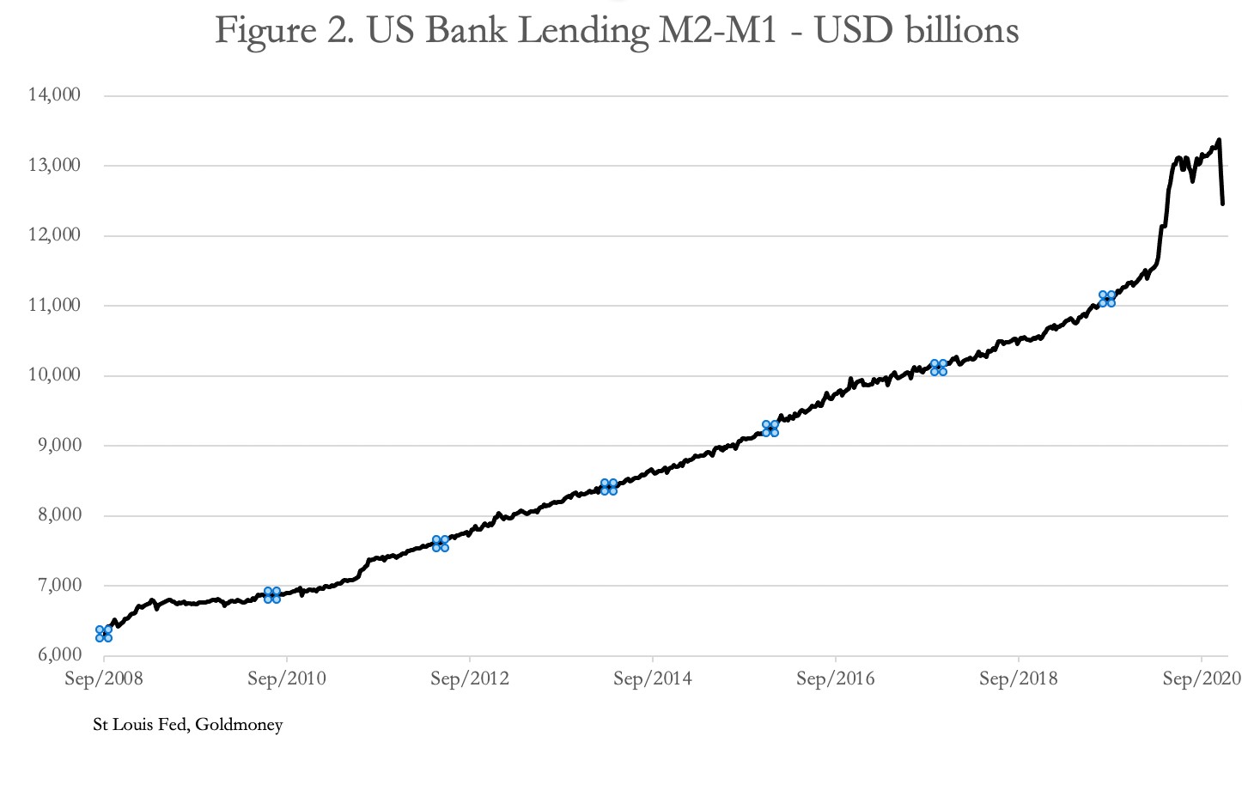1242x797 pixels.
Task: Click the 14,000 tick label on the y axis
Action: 54,94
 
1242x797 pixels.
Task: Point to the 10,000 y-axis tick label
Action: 54,374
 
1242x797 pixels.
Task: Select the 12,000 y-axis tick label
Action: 54,234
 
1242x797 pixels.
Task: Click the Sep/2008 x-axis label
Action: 104,678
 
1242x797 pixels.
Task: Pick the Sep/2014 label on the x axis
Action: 653,678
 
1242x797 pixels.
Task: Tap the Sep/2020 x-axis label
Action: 1201,678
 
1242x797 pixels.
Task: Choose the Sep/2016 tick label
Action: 835,678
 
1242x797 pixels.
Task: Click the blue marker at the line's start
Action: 104,634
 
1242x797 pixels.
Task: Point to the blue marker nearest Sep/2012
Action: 441,544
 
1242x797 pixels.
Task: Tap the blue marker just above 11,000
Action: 1107,299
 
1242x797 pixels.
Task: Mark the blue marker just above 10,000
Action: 939,368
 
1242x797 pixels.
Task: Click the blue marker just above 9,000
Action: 770,429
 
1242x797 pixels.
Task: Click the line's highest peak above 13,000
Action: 1218,140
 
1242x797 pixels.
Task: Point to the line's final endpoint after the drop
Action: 1222,204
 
